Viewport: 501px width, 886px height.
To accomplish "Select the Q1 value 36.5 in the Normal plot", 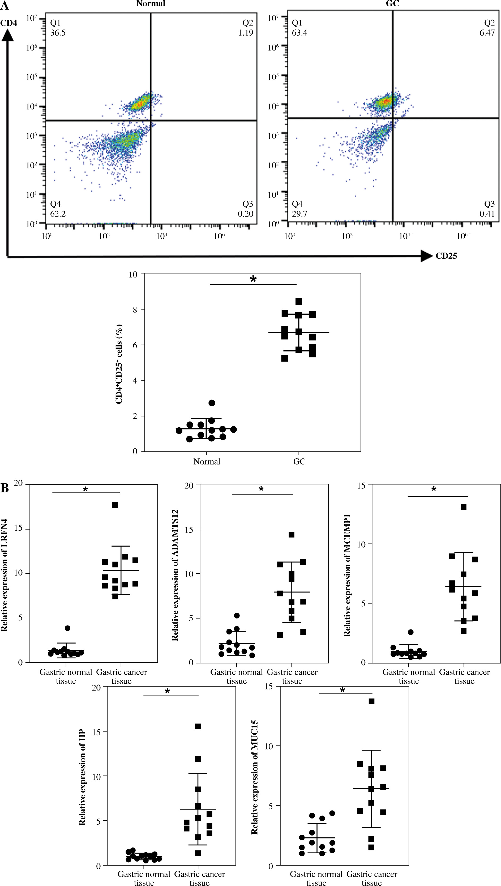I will pos(58,33).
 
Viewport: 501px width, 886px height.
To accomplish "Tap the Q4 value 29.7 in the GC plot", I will pos(299,214).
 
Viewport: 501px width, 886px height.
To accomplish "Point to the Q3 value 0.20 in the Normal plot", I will pos(245,214).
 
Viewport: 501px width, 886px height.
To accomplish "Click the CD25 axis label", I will pos(446,256).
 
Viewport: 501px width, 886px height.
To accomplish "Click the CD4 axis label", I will pos(8,23).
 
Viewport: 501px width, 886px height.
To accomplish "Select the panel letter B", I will pos(5,488).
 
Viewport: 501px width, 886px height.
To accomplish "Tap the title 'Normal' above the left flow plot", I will pos(151,4).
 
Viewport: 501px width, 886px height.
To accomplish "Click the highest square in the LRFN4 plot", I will pos(115,505).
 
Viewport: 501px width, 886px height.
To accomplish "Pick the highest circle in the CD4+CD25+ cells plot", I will pos(212,403).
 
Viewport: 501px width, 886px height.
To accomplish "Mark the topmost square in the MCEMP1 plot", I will pos(464,507).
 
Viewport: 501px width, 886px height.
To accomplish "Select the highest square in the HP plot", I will pos(198,726).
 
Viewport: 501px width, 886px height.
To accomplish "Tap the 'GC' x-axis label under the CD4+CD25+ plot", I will pos(299,462).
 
